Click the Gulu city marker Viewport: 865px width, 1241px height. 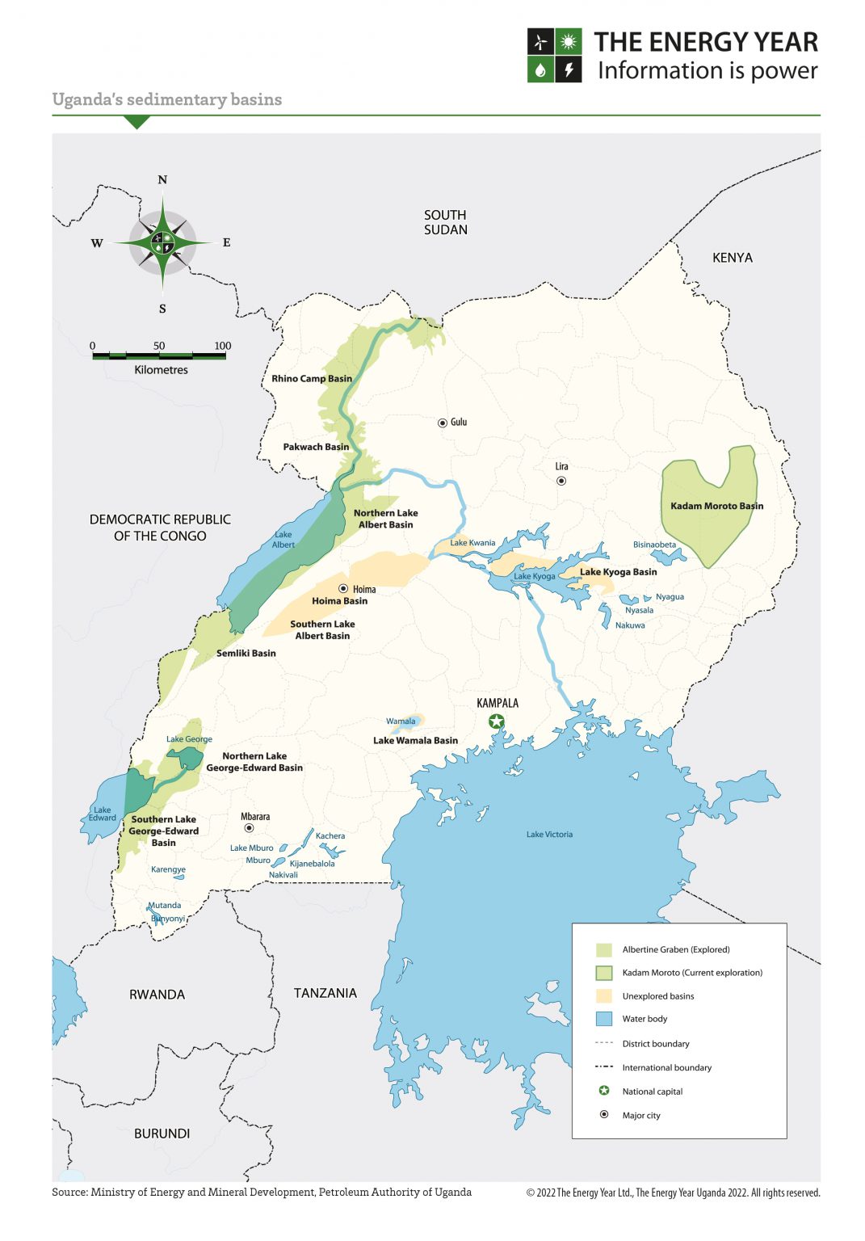pos(443,423)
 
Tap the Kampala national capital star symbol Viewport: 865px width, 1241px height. pos(497,721)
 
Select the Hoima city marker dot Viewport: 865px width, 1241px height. pos(343,589)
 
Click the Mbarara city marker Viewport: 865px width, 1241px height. pos(249,828)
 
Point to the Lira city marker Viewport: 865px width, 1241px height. pos(561,481)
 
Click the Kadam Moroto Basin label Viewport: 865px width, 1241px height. pos(716,506)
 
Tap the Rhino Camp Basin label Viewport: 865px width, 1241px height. pos(312,378)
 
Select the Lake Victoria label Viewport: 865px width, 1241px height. pos(549,834)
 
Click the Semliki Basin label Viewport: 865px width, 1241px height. pos(246,653)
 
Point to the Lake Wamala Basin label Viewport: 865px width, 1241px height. pos(415,740)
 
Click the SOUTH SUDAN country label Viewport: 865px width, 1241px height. pos(445,222)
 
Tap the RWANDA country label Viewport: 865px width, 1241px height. pos(157,995)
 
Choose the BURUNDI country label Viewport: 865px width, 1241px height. pos(162,1134)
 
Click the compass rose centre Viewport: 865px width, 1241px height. pos(163,242)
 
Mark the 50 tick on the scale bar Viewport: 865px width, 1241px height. pos(159,354)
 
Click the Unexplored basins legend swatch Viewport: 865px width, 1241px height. pos(603,996)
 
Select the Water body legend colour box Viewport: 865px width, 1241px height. pos(603,1019)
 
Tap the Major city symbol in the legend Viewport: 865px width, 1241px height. pos(603,1115)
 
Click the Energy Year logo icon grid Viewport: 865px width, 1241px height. pos(554,56)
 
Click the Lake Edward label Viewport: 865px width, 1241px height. pos(103,814)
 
